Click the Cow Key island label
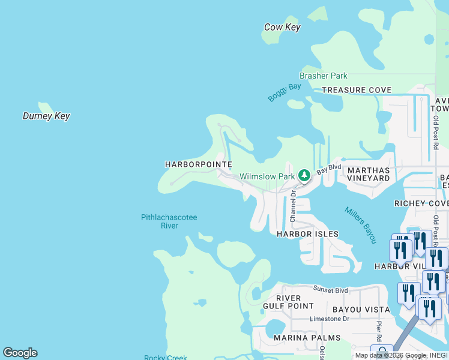[x=282, y=27]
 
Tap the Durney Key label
[x=46, y=116]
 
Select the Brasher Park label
[x=324, y=76]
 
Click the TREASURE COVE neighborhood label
[x=356, y=90]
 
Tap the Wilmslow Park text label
[x=267, y=176]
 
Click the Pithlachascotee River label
[x=169, y=221]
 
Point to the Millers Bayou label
[x=360, y=225]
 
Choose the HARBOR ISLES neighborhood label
[x=307, y=234]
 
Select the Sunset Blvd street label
[x=330, y=290]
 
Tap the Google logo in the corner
[x=20, y=353]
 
